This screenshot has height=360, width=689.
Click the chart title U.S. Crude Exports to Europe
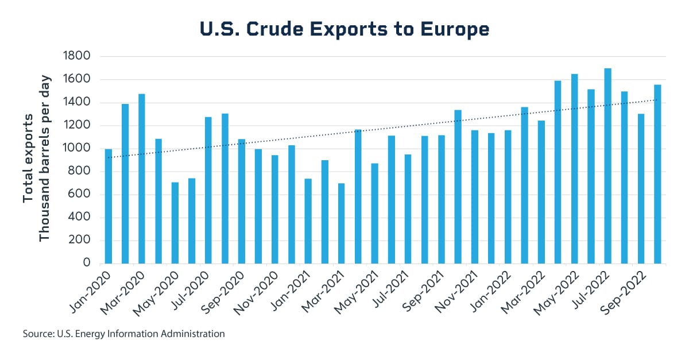(344, 29)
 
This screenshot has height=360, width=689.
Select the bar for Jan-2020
(109, 206)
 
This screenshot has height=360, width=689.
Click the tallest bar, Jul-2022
(607, 166)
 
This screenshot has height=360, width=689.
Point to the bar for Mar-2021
(342, 223)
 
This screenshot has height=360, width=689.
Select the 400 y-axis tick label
(82, 217)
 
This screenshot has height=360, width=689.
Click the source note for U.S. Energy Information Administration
(123, 333)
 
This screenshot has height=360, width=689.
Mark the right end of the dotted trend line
(657, 100)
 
